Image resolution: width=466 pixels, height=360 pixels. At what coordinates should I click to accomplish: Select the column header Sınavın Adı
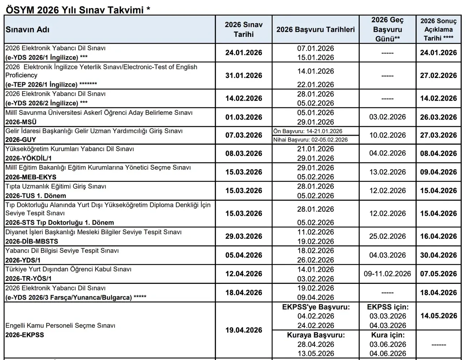(27, 30)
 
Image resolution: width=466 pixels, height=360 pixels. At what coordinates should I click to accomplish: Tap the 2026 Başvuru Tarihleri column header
(315, 30)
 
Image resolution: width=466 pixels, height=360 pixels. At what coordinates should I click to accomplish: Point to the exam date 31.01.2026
(244, 76)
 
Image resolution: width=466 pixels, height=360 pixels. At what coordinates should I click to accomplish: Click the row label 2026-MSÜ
(21, 122)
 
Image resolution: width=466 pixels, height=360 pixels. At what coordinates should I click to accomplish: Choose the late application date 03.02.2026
(387, 117)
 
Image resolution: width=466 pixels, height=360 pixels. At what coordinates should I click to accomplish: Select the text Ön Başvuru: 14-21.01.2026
(308, 131)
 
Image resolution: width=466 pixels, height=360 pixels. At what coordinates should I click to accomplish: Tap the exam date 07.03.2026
(244, 135)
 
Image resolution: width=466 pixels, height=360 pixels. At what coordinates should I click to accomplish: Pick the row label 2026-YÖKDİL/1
(28, 158)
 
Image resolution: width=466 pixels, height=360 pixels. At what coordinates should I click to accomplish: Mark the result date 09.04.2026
(438, 172)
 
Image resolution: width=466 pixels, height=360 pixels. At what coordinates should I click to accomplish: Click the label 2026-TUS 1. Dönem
(36, 196)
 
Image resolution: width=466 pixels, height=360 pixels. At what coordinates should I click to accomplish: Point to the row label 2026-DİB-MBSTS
(32, 241)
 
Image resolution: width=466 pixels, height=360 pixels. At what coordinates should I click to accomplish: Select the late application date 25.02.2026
(387, 236)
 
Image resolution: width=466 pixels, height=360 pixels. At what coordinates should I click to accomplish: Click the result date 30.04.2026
(438, 255)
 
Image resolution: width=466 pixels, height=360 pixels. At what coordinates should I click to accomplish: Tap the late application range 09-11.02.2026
(387, 274)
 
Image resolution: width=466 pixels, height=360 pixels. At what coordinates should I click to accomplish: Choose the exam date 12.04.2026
(244, 274)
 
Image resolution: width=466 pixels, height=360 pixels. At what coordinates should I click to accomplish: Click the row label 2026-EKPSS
(24, 335)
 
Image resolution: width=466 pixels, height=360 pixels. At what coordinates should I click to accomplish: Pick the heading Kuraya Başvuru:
(316, 335)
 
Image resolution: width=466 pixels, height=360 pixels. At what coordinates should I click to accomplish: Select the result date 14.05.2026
(438, 316)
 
